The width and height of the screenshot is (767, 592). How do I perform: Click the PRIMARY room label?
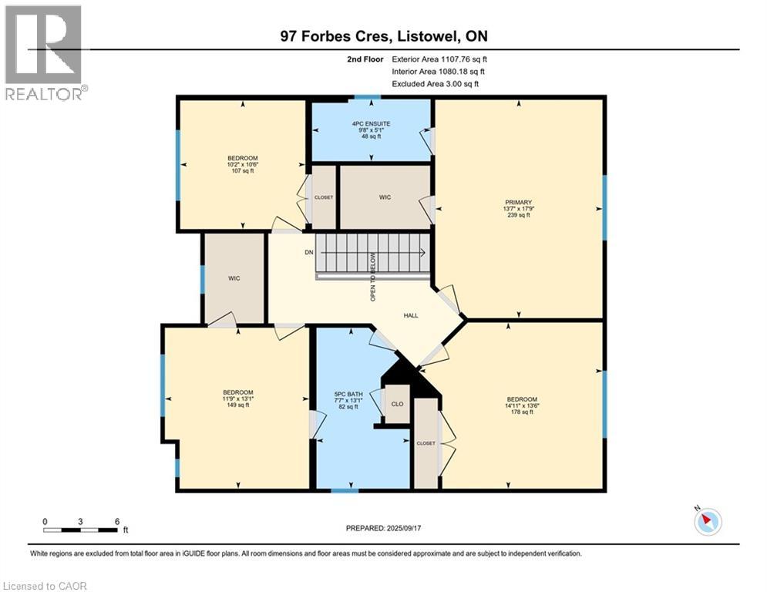pos(518,202)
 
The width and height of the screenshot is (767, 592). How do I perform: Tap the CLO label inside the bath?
pos(397,403)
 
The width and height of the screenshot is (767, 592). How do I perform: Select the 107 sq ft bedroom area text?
pos(242,171)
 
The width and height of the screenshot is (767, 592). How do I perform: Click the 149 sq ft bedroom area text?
pos(237,405)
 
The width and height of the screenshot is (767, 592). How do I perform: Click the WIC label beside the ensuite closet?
pos(385,197)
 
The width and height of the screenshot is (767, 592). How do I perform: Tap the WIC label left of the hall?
pos(234,278)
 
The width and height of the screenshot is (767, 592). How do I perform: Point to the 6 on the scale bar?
pos(116,521)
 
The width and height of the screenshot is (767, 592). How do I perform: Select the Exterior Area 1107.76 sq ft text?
pos(439,59)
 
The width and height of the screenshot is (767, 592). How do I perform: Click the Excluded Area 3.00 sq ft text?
pos(436,83)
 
